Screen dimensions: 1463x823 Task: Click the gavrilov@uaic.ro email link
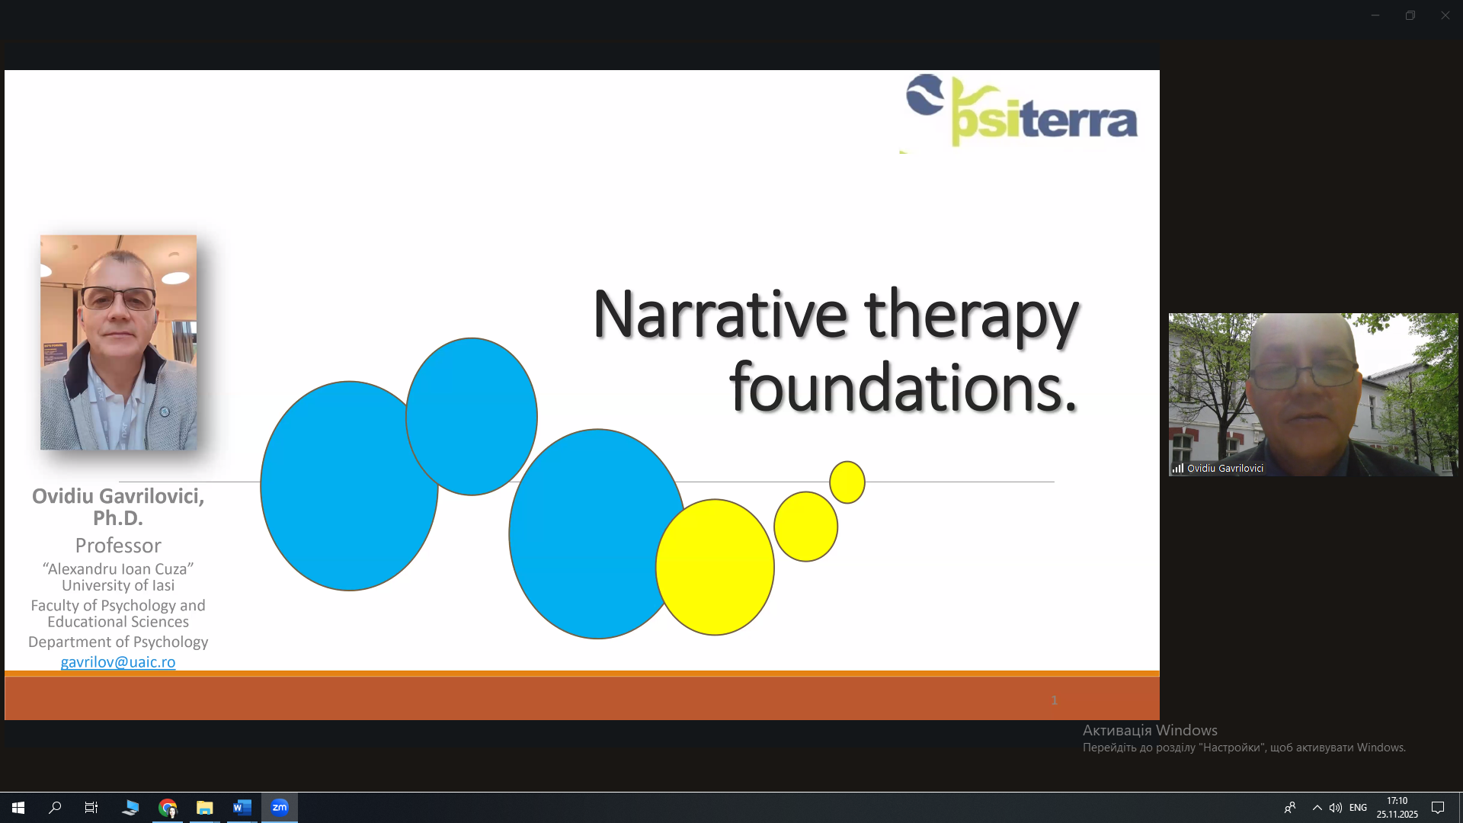coord(118,662)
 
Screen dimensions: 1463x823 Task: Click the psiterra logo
coord(1021,111)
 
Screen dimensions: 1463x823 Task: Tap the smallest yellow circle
coord(847,482)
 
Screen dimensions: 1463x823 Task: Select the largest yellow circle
coord(715,567)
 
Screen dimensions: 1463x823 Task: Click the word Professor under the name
coord(118,546)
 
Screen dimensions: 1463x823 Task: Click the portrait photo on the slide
coord(118,342)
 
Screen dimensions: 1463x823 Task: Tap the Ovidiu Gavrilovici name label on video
coord(1225,469)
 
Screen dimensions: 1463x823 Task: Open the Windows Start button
coord(18,808)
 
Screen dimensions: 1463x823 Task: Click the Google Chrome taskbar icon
coord(168,808)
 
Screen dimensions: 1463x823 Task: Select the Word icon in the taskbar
coord(242,808)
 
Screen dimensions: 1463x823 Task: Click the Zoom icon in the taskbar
coord(280,808)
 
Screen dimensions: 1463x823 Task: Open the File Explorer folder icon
coord(204,808)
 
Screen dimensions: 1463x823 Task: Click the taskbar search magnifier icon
coord(55,808)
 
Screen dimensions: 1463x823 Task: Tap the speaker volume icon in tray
coord(1336,808)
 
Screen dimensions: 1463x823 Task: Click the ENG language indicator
coord(1358,808)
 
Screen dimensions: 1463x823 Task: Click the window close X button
coord(1445,15)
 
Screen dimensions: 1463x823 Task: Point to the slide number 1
coord(1055,700)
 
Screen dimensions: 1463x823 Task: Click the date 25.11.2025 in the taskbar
coord(1397,815)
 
